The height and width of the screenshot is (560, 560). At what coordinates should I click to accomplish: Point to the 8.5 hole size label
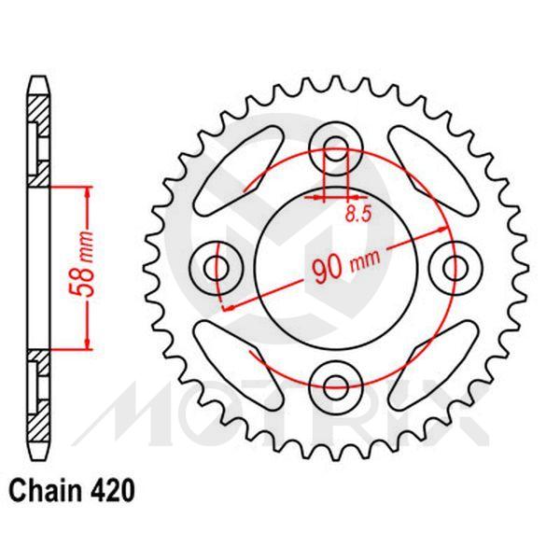356,214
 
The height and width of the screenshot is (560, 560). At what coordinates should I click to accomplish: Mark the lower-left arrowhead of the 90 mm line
225,309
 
